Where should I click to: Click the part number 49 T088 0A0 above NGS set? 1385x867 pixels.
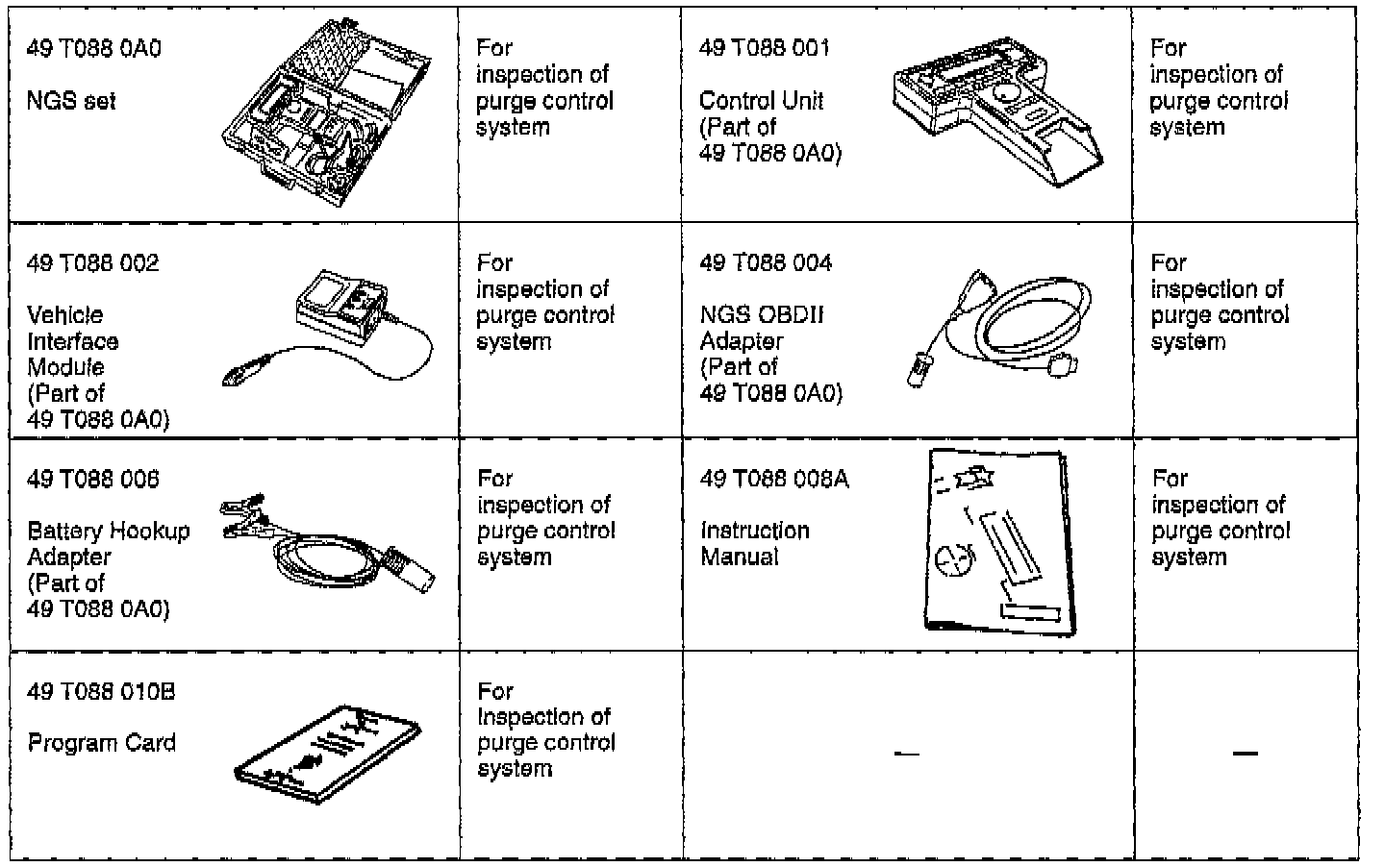pyautogui.click(x=94, y=48)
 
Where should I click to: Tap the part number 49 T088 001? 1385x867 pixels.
pyautogui.click(x=765, y=48)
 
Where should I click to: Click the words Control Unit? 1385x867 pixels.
pyautogui.click(x=761, y=100)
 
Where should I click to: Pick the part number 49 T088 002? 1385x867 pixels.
pyautogui.click(x=93, y=263)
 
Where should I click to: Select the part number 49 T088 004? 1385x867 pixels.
pyautogui.click(x=767, y=263)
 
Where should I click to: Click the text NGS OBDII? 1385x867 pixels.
pyautogui.click(x=762, y=315)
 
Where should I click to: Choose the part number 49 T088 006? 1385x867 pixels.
pyautogui.click(x=93, y=479)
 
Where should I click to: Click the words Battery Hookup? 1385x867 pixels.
pyautogui.click(x=109, y=531)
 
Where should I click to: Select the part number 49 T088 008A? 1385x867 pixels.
pyautogui.click(x=774, y=479)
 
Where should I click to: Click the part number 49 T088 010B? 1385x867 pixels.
pyautogui.click(x=101, y=692)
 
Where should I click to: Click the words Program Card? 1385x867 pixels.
pyautogui.click(x=102, y=743)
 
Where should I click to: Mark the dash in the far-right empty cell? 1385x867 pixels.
pyautogui.click(x=1246, y=754)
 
